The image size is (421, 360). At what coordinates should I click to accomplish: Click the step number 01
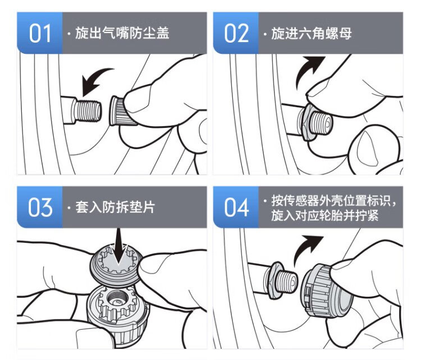(x=40, y=33)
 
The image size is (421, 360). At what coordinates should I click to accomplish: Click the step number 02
(x=236, y=33)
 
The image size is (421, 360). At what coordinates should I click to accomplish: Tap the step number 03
(x=40, y=207)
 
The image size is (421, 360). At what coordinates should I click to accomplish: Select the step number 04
(x=236, y=207)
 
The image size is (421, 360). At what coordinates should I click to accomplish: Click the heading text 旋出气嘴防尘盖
(x=122, y=33)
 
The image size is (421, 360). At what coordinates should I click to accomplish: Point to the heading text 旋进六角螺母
(x=312, y=33)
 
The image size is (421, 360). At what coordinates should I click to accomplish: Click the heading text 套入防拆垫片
(x=115, y=207)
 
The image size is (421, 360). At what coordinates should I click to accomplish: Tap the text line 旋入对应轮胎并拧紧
(x=325, y=215)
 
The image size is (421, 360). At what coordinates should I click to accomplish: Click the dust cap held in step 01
(x=118, y=111)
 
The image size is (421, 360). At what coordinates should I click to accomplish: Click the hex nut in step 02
(x=306, y=123)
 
